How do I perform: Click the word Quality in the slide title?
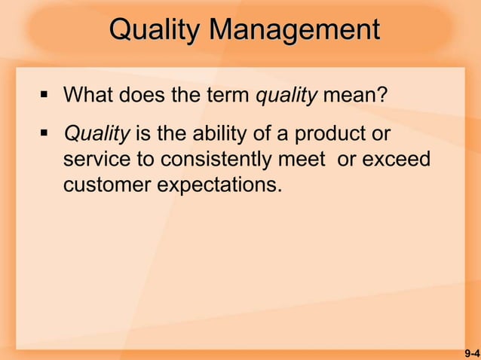coord(155,31)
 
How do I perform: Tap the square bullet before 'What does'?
coord(44,96)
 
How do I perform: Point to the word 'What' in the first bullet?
coord(88,96)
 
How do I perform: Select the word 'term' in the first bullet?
coord(229,96)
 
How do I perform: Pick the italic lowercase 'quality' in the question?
coord(287,97)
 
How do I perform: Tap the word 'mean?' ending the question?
coord(354,96)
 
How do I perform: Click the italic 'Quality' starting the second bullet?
coord(97,135)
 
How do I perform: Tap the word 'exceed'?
coord(400,160)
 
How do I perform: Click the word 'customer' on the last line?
coord(107,185)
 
